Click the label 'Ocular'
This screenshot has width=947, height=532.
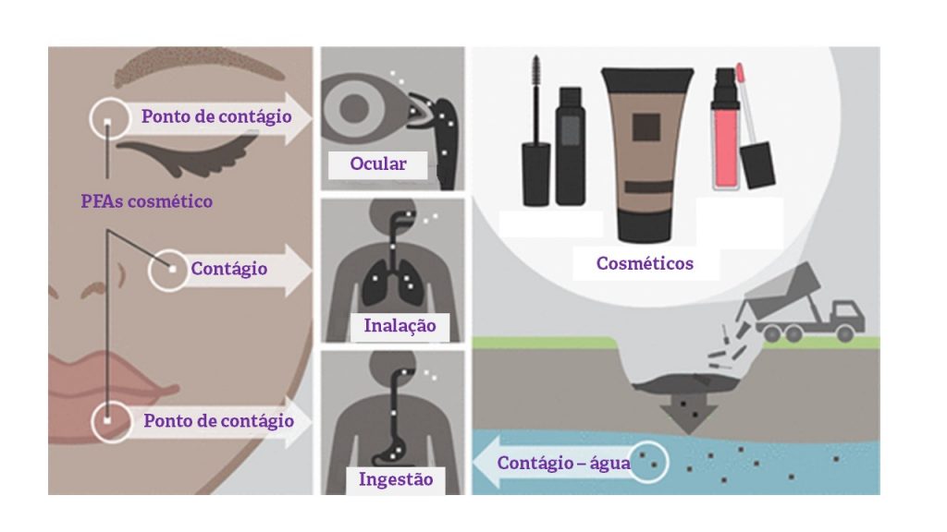tap(377, 164)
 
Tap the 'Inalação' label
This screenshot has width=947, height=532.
tap(400, 326)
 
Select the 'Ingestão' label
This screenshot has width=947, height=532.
tap(395, 479)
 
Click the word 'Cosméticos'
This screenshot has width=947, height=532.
tap(645, 263)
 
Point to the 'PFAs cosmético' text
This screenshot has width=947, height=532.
tap(146, 200)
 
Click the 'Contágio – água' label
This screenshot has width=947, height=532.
tap(563, 463)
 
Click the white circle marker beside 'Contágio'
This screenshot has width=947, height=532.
tap(168, 269)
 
